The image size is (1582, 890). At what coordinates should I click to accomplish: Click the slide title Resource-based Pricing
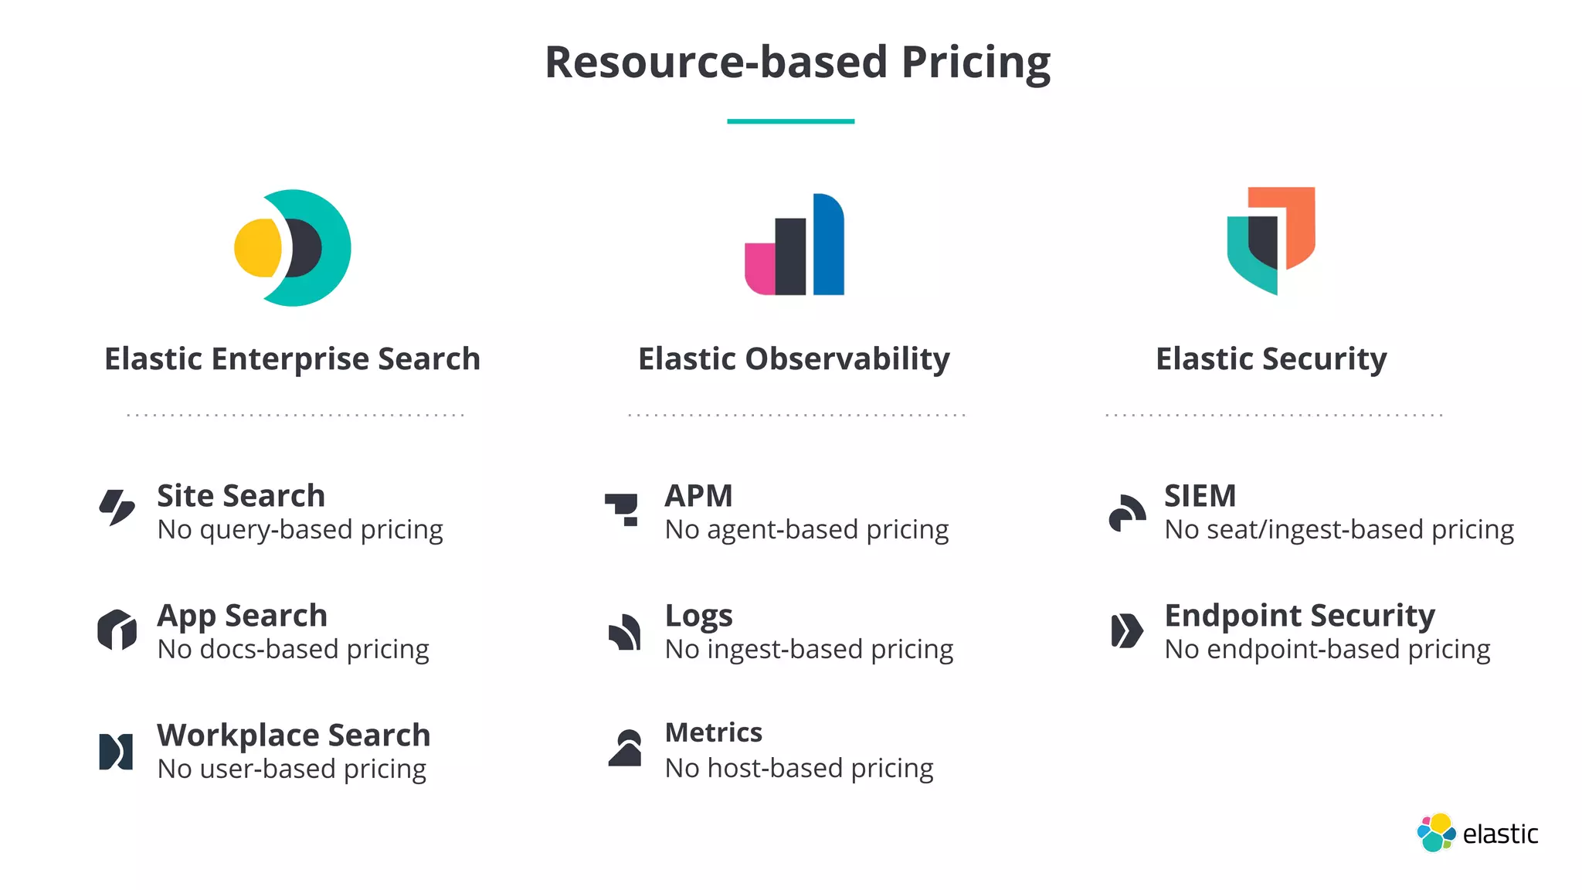(x=797, y=62)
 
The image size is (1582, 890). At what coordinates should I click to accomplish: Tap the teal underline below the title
(x=790, y=121)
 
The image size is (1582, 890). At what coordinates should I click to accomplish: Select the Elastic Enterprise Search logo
(x=293, y=248)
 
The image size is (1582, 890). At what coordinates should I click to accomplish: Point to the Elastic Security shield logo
(x=1271, y=240)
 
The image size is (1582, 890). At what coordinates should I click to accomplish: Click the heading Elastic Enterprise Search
(x=292, y=359)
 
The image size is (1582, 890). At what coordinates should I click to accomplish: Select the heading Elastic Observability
(x=794, y=359)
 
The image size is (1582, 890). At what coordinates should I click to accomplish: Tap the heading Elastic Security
(x=1271, y=359)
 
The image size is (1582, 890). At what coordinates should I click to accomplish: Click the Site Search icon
(x=117, y=508)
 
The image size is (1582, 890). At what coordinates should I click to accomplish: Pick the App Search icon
(x=117, y=630)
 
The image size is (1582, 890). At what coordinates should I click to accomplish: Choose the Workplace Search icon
(x=116, y=752)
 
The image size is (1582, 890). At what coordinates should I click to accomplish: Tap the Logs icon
(x=624, y=632)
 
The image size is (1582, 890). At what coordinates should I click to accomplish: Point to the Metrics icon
(x=626, y=748)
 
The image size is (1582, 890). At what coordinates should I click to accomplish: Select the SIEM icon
(x=1127, y=512)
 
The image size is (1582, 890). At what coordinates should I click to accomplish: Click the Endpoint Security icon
(x=1126, y=630)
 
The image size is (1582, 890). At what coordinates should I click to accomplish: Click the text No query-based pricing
(x=300, y=530)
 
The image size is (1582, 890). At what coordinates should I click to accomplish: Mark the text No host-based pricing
(x=799, y=769)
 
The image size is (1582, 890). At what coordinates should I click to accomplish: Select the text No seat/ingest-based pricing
(x=1339, y=530)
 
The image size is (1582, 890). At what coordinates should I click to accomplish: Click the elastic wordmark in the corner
(x=1499, y=834)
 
